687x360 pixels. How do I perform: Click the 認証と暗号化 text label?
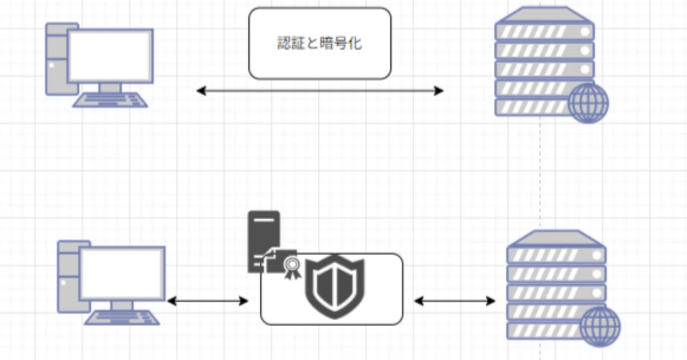click(x=319, y=43)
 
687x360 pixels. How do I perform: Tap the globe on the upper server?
click(x=588, y=104)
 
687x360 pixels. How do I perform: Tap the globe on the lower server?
click(x=600, y=327)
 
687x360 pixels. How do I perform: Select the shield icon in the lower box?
click(x=335, y=286)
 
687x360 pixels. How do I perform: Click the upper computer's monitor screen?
click(x=110, y=56)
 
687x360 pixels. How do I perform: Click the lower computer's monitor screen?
click(x=122, y=273)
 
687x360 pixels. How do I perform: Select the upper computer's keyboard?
click(x=110, y=100)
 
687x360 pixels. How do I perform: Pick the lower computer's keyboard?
click(x=122, y=318)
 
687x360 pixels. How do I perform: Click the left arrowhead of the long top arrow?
click(x=201, y=91)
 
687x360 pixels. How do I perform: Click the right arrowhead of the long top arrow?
click(x=439, y=91)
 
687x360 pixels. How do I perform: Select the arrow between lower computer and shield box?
click(x=208, y=301)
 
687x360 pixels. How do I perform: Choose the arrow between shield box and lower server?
click(x=455, y=301)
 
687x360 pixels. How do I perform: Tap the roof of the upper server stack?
click(x=544, y=15)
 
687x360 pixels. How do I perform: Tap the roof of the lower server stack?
click(x=556, y=239)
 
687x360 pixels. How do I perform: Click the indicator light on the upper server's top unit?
click(x=585, y=31)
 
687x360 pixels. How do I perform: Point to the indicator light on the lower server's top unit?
click(x=597, y=255)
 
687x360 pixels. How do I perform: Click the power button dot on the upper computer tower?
click(x=52, y=65)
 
